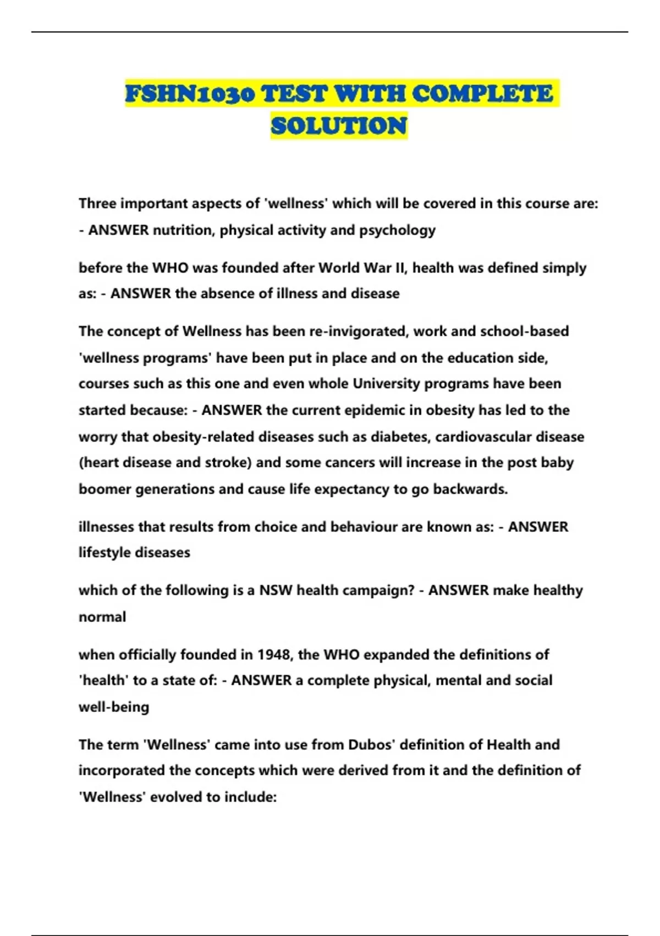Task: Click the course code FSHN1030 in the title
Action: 190,94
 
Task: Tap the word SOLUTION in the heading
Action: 339,126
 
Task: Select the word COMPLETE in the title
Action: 482,94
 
